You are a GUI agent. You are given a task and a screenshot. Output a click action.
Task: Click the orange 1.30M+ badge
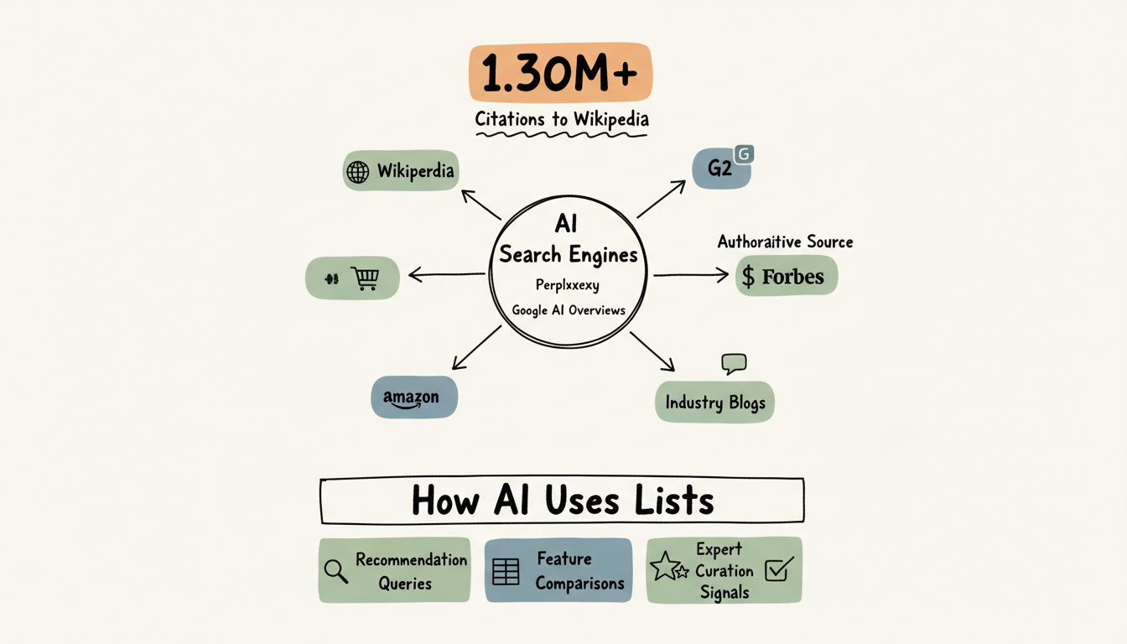(x=560, y=72)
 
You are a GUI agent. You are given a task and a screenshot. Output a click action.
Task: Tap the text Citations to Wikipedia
(x=562, y=119)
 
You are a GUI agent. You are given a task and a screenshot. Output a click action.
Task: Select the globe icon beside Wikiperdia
(x=358, y=172)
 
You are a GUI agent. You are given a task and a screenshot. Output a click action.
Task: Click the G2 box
(x=720, y=168)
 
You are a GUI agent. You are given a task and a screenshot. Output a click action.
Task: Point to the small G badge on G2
(x=744, y=154)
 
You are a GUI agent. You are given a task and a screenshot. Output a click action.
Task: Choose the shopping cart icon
(x=365, y=278)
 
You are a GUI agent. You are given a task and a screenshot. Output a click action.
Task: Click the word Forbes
(x=792, y=277)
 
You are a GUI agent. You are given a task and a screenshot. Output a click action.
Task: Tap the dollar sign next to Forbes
(x=748, y=277)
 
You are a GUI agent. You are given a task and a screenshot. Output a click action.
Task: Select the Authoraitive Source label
(x=785, y=241)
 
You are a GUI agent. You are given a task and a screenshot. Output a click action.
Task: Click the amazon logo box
(x=414, y=397)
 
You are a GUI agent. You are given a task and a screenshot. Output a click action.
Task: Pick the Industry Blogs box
(x=714, y=402)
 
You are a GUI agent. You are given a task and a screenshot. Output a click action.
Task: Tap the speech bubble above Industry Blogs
(x=734, y=363)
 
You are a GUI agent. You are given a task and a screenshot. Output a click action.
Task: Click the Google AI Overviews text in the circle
(x=569, y=310)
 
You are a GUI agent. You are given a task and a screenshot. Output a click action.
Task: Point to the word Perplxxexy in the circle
(x=568, y=285)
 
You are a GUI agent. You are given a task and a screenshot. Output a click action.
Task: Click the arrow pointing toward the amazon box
(x=476, y=347)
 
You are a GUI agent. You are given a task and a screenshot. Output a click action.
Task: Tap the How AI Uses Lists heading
(x=562, y=501)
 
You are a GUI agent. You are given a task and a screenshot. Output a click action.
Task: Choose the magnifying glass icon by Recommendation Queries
(x=336, y=571)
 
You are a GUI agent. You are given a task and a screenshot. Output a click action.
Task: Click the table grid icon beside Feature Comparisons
(x=506, y=571)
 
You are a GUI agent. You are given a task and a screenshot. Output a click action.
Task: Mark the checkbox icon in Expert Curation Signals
(x=777, y=570)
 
